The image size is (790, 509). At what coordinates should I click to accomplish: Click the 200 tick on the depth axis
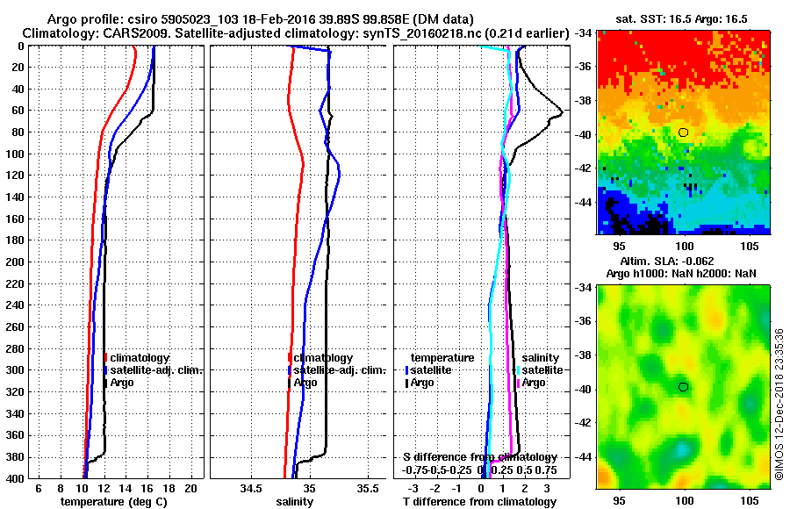click(x=16, y=262)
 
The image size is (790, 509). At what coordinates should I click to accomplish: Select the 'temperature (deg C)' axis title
click(x=113, y=501)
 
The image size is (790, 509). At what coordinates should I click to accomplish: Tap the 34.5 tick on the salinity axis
click(x=251, y=488)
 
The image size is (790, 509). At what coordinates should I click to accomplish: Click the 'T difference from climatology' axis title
click(x=479, y=501)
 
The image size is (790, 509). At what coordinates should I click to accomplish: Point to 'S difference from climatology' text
click(x=479, y=457)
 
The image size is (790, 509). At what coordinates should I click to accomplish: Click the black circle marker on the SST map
click(x=683, y=133)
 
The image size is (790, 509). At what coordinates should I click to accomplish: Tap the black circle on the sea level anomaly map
click(x=683, y=387)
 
